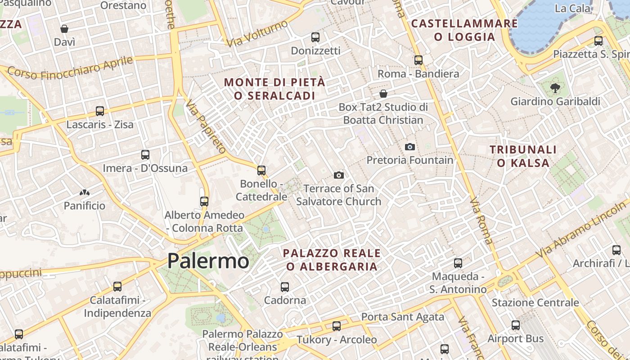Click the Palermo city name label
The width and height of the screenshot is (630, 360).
[x=208, y=261]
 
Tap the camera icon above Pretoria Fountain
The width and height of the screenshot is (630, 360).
[x=409, y=147]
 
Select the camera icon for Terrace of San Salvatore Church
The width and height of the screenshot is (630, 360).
[x=339, y=175]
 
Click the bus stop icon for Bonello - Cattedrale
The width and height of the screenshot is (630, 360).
[x=261, y=171]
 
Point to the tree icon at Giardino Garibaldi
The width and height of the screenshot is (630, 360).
[x=555, y=88]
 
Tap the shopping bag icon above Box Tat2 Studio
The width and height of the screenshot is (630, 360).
[x=383, y=94]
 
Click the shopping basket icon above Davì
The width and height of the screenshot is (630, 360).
[x=64, y=29]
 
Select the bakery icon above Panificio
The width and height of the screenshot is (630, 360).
[x=84, y=193]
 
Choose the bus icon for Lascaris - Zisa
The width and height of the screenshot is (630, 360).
[x=100, y=111]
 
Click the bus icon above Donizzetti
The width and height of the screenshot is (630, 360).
[x=315, y=37]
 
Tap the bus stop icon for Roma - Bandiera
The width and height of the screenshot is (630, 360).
[x=418, y=60]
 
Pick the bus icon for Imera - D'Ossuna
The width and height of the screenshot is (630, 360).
[x=145, y=155]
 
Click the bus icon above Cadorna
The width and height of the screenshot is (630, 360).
[x=285, y=287]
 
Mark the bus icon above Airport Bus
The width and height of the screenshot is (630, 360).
[x=516, y=325]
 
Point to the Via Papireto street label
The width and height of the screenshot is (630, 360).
[x=207, y=127]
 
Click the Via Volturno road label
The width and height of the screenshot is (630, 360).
[x=257, y=33]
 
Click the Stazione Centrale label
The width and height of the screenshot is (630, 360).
[x=535, y=302]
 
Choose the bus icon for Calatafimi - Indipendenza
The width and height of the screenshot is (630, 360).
[x=117, y=286]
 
